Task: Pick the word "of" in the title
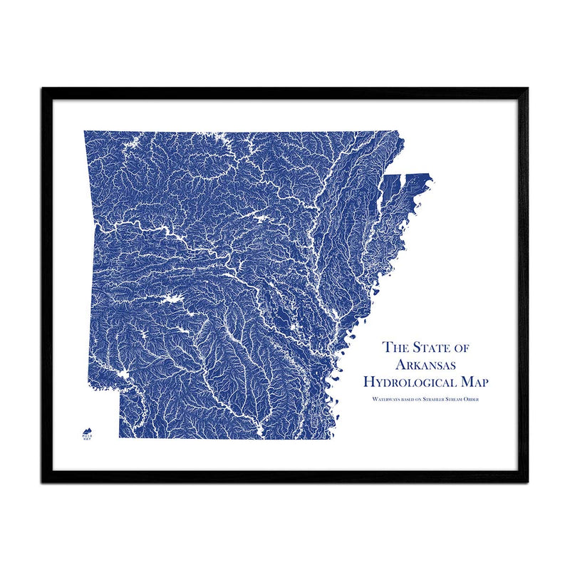click(x=465, y=348)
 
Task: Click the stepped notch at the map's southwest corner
click(x=118, y=390)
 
